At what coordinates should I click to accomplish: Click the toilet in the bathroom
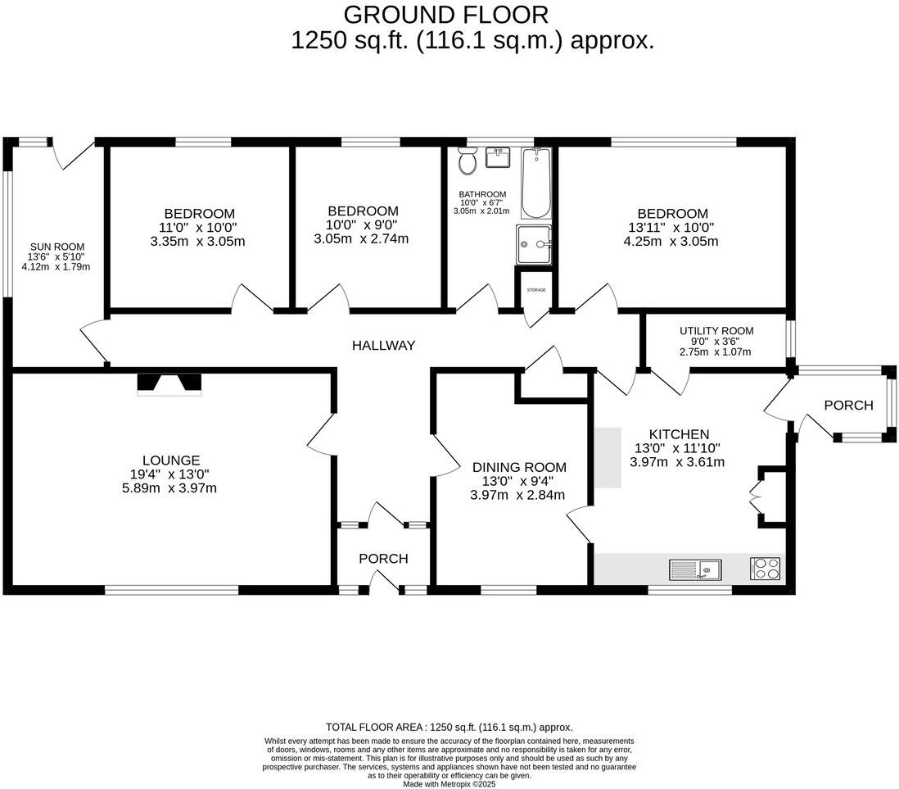pos(468,161)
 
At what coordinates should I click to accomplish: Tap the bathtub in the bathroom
pos(537,183)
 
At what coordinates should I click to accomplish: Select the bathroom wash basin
pos(498,157)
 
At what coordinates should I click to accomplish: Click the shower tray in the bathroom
pos(535,244)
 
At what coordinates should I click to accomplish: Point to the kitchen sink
pos(695,569)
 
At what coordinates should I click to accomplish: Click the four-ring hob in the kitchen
pos(765,569)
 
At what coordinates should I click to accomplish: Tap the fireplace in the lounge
pos(169,383)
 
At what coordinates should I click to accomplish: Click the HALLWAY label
pos(384,346)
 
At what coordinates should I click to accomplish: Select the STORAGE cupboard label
pos(536,290)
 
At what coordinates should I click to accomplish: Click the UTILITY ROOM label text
pos(716,331)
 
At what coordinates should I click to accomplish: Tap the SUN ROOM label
pos(57,247)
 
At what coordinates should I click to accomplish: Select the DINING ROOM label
pos(519,467)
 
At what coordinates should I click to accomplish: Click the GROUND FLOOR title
pos(445,14)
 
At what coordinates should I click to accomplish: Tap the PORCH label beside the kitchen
pos(848,405)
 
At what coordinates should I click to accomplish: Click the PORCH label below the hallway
pos(383,559)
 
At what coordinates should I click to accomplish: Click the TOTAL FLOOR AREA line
pos(449,727)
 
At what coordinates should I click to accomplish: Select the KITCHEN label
pos(679,433)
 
